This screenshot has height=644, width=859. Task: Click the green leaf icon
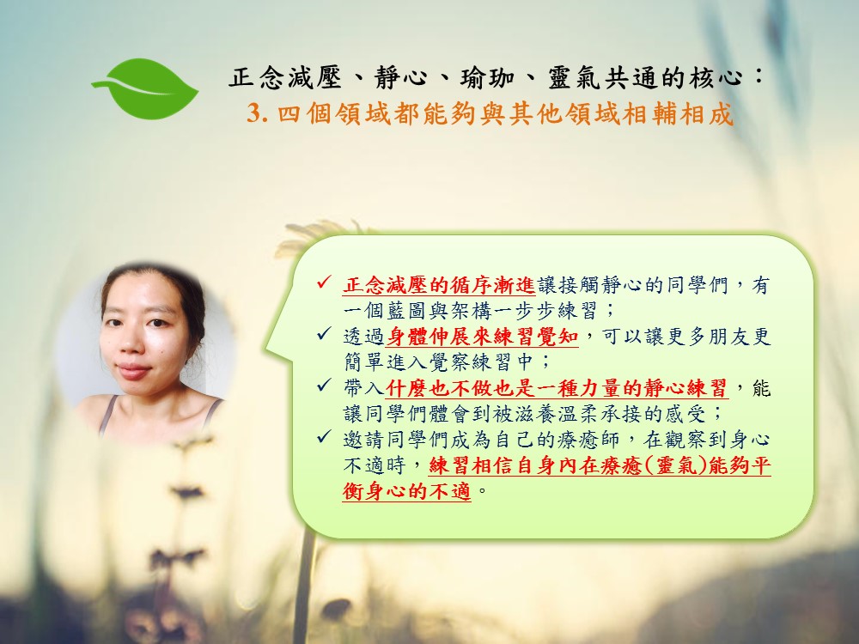146,88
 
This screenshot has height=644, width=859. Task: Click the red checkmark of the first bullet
323,283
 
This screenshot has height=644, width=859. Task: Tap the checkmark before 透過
323,333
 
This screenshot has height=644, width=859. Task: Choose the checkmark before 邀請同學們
323,436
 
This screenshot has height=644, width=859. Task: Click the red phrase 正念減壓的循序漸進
438,285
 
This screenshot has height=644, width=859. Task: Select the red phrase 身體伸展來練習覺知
482,337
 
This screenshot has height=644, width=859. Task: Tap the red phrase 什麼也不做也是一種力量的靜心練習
557,388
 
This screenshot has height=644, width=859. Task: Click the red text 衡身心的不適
406,490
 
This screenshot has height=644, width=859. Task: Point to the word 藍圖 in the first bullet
406,311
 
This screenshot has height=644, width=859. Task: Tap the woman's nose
131,343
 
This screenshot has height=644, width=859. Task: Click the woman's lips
133,372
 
